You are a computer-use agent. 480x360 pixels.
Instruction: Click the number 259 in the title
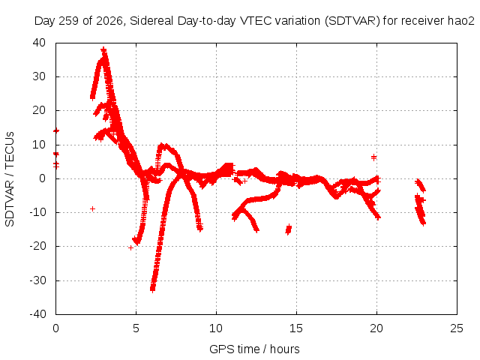tap(69, 21)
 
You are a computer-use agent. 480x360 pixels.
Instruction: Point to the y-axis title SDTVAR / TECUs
tap(10, 179)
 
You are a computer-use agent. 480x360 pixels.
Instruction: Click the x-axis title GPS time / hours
tap(254, 349)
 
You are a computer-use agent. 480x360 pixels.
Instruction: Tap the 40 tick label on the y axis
tap(39, 43)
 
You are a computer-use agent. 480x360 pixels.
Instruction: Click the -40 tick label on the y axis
tap(37, 314)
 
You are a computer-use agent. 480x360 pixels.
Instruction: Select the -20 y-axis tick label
tap(37, 246)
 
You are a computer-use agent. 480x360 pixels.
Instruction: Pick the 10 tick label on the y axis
tap(39, 145)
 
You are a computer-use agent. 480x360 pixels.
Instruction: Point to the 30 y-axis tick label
tap(39, 76)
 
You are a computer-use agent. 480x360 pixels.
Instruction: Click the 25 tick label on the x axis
tap(457, 328)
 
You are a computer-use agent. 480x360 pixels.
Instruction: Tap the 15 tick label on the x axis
tap(296, 328)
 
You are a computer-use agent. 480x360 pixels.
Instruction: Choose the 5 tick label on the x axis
tap(136, 328)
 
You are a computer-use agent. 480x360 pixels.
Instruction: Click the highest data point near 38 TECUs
tap(103, 49)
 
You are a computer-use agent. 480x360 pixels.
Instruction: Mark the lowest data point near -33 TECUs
tap(152, 289)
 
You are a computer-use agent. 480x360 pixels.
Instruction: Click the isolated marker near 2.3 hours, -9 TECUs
tap(92, 208)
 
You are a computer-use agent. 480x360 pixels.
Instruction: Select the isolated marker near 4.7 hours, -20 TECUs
tap(130, 247)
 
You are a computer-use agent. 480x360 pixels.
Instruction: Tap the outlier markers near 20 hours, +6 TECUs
tap(373, 157)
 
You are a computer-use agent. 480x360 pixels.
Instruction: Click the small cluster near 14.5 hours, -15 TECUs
tap(288, 229)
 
